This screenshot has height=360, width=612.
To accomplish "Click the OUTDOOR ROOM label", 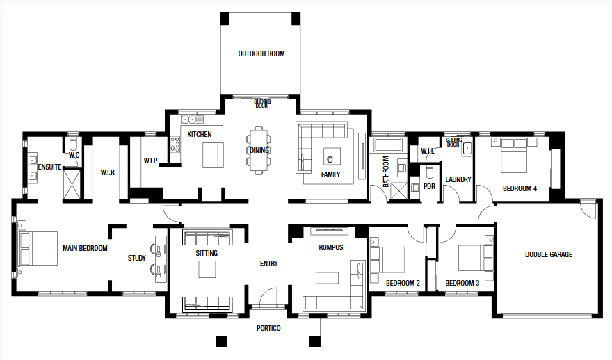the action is pyautogui.click(x=261, y=54).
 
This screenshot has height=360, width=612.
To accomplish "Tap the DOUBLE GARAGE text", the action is pyautogui.click(x=549, y=254).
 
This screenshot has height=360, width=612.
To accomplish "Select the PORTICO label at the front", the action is pyautogui.click(x=268, y=329).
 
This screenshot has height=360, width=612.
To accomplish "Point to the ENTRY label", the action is pyautogui.click(x=269, y=263).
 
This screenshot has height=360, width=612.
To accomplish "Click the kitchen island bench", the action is pyautogui.click(x=213, y=155).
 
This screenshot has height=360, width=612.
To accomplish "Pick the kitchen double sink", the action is pyautogui.click(x=189, y=120).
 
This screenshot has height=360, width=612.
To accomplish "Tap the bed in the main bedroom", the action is pyautogui.click(x=38, y=249).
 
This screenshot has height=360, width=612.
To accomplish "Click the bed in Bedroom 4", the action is pyautogui.click(x=514, y=155).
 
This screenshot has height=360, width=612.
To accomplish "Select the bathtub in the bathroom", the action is pyautogui.click(x=387, y=145).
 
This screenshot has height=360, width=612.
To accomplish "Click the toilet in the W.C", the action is pyautogui.click(x=72, y=144).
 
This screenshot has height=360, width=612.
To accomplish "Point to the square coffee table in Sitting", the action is pyautogui.click(x=207, y=269).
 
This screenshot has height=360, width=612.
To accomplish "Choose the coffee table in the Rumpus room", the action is pyautogui.click(x=327, y=278).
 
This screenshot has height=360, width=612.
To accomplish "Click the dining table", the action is pyautogui.click(x=259, y=150).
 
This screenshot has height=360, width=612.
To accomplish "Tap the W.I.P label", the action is pyautogui.click(x=150, y=161).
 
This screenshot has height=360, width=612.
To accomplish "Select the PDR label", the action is pyautogui.click(x=429, y=187).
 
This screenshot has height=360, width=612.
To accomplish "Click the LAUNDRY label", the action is pyautogui.click(x=458, y=179).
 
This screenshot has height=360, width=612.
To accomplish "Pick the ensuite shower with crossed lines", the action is pyautogui.click(x=72, y=185).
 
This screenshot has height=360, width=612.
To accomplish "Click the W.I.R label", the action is pyautogui.click(x=107, y=172).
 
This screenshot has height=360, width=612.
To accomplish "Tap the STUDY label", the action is pyautogui.click(x=136, y=259).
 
